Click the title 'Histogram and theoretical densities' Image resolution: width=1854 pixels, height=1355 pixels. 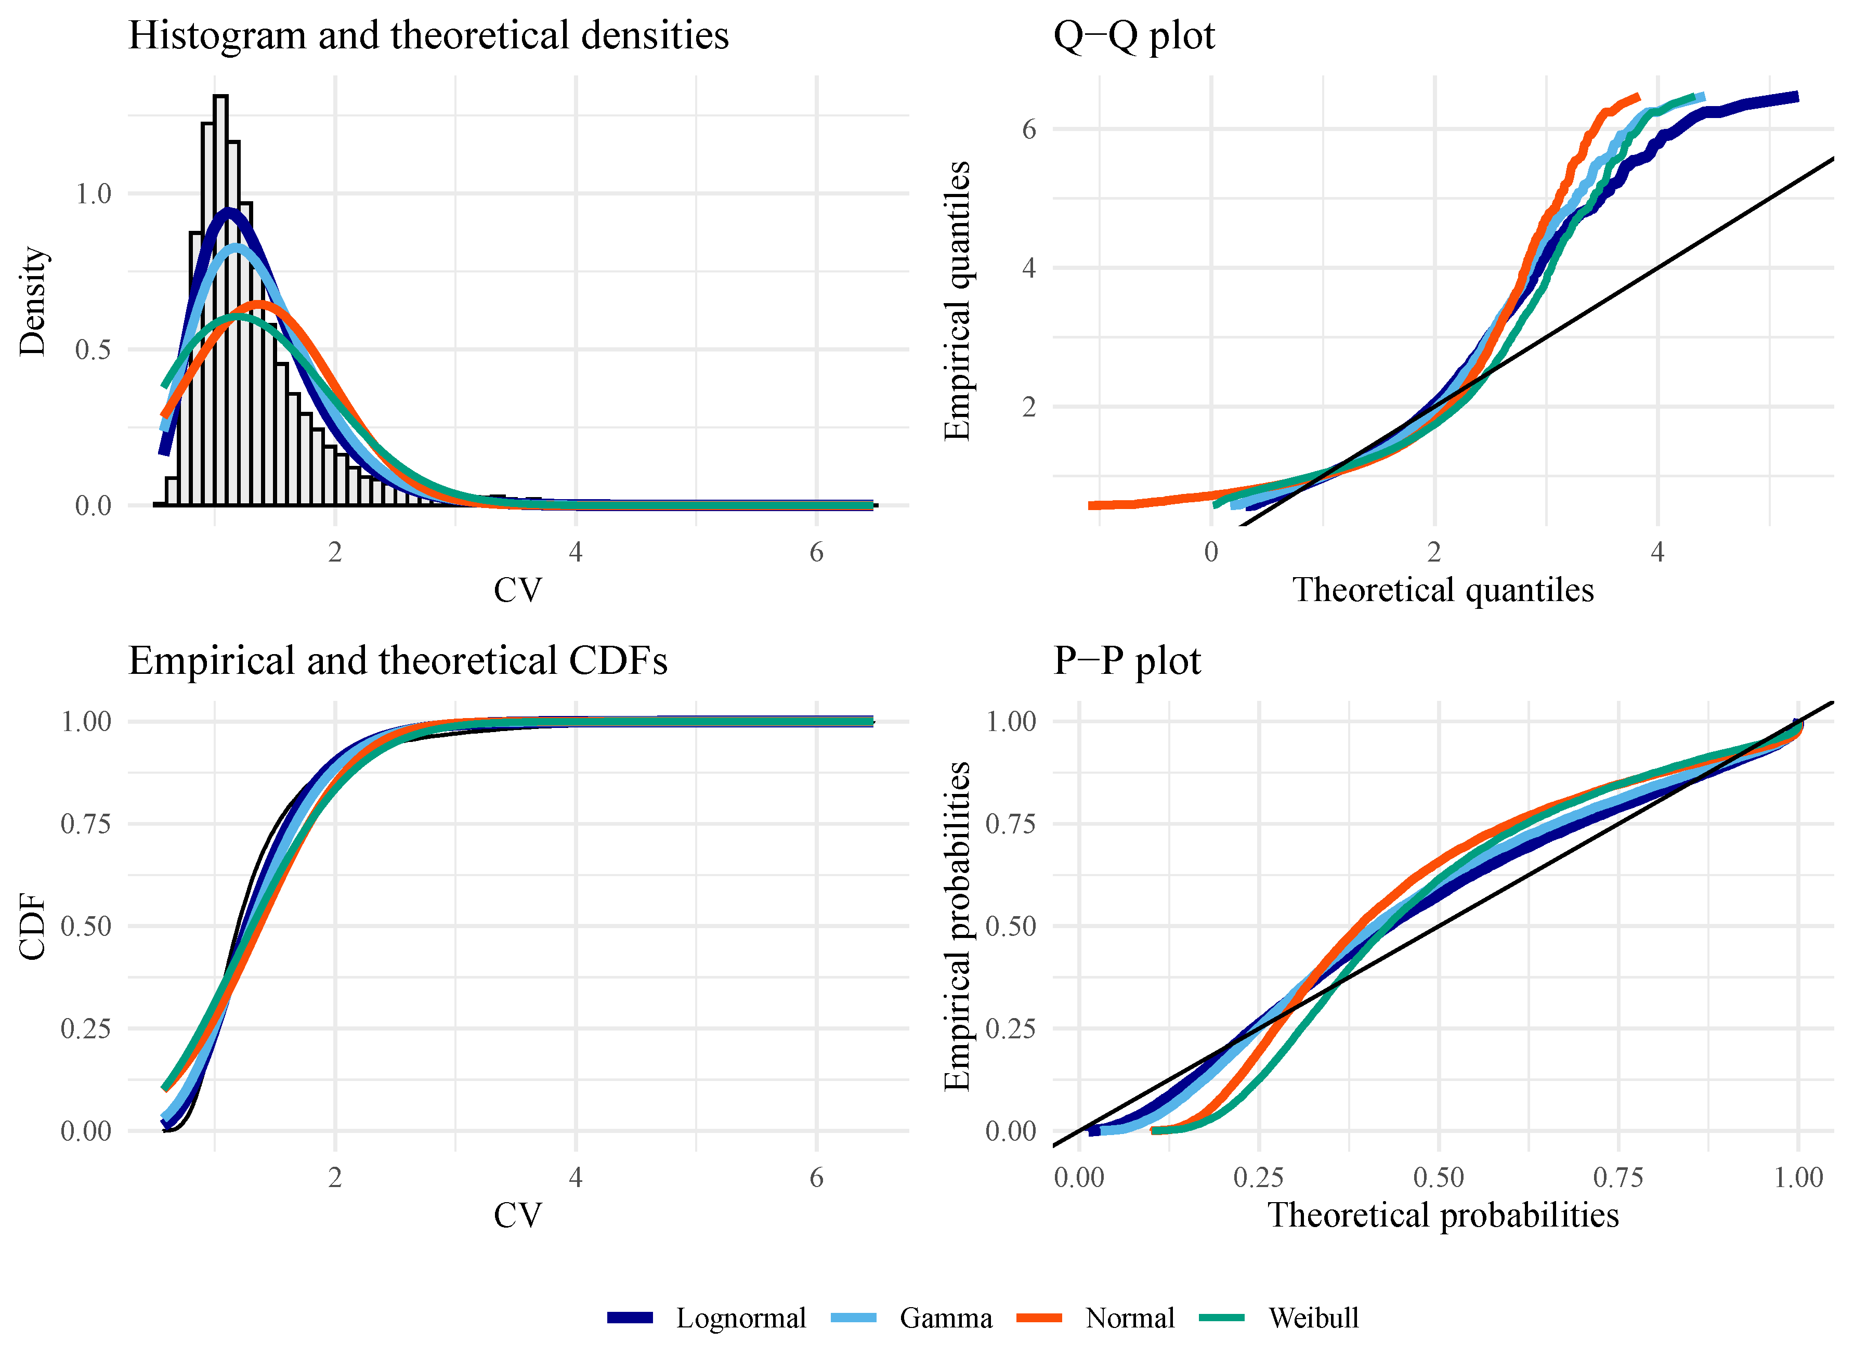(x=428, y=35)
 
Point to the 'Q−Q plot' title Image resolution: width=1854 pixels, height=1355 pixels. (x=1133, y=35)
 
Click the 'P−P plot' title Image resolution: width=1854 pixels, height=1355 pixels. (x=1127, y=661)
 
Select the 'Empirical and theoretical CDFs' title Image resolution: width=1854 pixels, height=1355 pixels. (x=398, y=661)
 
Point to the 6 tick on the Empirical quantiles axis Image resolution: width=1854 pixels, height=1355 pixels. (x=1028, y=129)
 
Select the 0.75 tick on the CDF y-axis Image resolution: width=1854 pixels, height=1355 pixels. (x=86, y=824)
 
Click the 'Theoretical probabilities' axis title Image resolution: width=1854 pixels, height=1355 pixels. (x=1443, y=1216)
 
